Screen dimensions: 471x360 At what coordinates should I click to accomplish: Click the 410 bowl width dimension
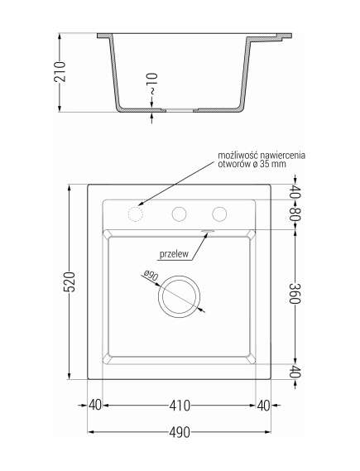[x=179, y=406]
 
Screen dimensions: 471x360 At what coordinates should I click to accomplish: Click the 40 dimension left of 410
[x=94, y=406]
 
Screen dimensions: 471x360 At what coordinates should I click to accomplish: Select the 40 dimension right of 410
[x=263, y=406]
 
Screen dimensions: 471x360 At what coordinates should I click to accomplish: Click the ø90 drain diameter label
[x=150, y=276]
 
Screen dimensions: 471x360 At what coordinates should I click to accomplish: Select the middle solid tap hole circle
[x=178, y=214]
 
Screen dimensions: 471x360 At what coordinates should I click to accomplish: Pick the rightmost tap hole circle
[x=218, y=214]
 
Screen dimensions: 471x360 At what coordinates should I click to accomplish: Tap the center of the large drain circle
[x=179, y=296]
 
